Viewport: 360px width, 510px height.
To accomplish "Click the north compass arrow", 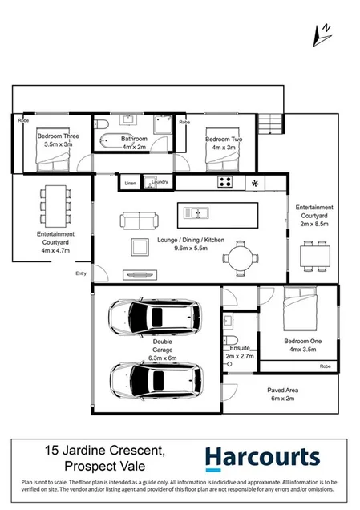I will [323, 34].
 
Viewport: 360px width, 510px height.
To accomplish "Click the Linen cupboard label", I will [131, 183].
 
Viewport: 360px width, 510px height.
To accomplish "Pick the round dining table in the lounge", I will [241, 258].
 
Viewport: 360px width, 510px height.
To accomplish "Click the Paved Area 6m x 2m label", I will [287, 394].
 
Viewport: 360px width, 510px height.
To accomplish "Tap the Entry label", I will [81, 274].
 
